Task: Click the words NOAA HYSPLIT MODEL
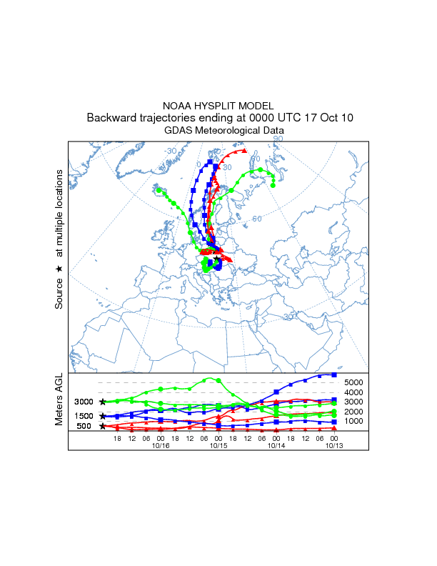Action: [218, 105]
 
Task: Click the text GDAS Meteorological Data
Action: [224, 131]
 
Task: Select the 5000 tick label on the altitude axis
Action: [354, 383]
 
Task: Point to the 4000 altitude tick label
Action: [354, 392]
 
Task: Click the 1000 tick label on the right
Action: [354, 421]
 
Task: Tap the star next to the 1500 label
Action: [103, 416]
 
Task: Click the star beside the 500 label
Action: [103, 427]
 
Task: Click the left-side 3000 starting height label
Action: [85, 402]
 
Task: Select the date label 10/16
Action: [160, 445]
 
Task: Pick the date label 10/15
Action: [218, 445]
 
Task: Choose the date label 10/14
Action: [276, 445]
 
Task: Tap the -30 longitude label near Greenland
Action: [171, 152]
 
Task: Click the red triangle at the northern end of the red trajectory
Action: [244, 151]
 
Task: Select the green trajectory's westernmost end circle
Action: [159, 190]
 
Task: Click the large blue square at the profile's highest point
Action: [334, 374]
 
